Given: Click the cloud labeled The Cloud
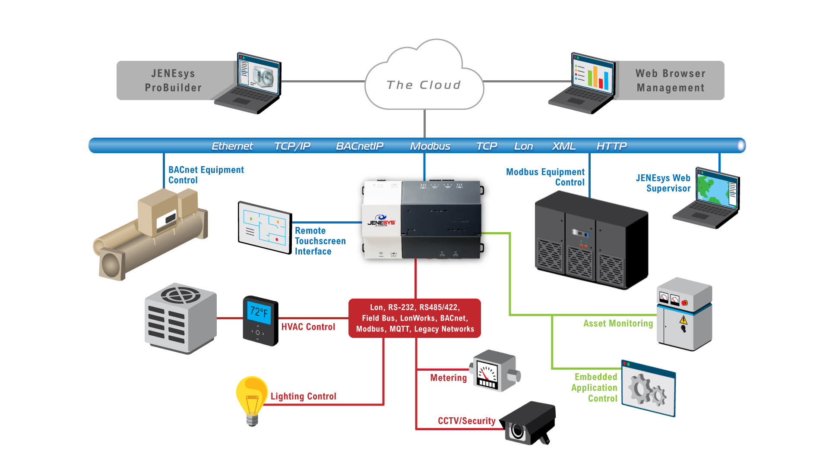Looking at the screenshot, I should pos(424,82).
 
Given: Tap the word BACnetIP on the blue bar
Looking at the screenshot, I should pos(360,146).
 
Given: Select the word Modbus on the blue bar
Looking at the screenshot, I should pos(430,146).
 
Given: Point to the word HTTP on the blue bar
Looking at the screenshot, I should pos(611,146).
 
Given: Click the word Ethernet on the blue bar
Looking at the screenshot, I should pos(232,146).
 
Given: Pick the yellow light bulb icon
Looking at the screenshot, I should pos(252,399).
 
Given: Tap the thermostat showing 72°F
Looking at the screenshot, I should pos(260,321).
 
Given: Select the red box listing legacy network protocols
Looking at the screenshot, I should pos(414,318).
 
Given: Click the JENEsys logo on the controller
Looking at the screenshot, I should pos(381,220).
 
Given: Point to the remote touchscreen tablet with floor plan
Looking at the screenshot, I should pos(265,227).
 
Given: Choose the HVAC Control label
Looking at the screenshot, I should pos(308,327).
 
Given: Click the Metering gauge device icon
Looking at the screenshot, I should pos(495,371).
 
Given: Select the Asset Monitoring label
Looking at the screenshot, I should pos(618,324).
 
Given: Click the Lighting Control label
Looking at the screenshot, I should pos(303,397).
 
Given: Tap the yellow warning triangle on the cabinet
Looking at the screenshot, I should pos(683,320).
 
